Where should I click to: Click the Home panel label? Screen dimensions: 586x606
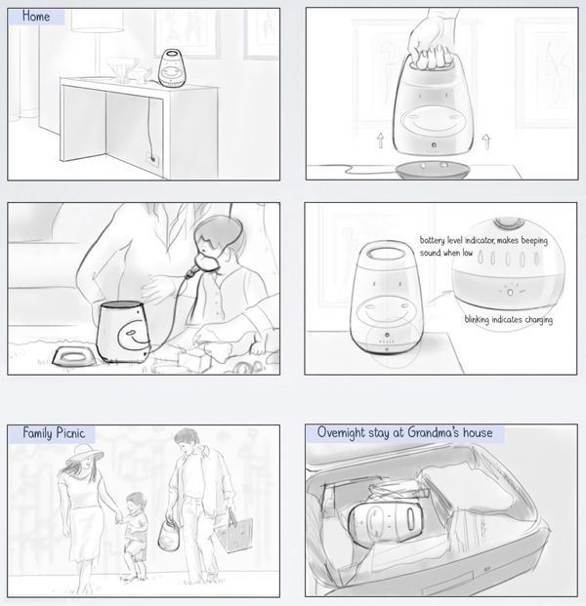click(x=36, y=17)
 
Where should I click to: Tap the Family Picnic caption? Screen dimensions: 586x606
click(x=54, y=433)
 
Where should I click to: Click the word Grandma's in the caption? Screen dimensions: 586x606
click(x=434, y=432)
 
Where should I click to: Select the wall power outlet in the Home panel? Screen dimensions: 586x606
click(x=153, y=159)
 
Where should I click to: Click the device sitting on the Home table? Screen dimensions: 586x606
click(x=172, y=68)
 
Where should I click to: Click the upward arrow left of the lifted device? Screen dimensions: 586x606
click(x=381, y=141)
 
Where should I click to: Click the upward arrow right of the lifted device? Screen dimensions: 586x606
click(x=486, y=141)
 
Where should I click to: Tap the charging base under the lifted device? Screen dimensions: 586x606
click(x=434, y=171)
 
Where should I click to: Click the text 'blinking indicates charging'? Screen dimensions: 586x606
click(x=508, y=320)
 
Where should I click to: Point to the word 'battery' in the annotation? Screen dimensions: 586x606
click(x=432, y=240)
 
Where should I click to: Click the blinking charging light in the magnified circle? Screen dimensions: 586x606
click(x=510, y=292)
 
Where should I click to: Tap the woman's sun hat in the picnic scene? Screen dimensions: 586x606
click(x=84, y=455)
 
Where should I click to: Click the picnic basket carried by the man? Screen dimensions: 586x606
click(x=234, y=532)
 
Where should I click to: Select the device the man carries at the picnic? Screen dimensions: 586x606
click(x=169, y=536)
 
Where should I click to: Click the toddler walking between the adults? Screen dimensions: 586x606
click(x=134, y=536)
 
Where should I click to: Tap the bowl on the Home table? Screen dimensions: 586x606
click(x=122, y=68)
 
